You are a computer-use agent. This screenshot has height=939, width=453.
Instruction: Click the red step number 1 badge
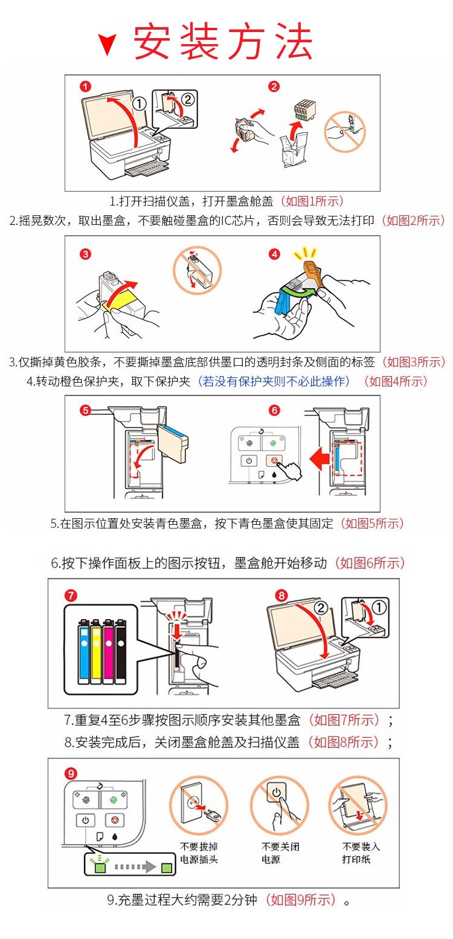click(x=86, y=86)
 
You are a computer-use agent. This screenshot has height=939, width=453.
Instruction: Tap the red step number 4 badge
click(x=275, y=254)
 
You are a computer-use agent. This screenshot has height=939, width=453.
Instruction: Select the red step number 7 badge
click(x=71, y=596)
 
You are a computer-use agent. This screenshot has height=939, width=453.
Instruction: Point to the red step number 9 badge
click(x=71, y=773)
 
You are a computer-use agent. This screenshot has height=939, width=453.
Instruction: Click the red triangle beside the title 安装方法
click(x=109, y=45)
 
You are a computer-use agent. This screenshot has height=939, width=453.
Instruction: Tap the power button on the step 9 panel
click(x=85, y=820)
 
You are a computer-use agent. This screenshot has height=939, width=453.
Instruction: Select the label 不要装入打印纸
click(x=361, y=853)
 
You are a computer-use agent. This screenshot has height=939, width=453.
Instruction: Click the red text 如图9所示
click(x=301, y=900)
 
